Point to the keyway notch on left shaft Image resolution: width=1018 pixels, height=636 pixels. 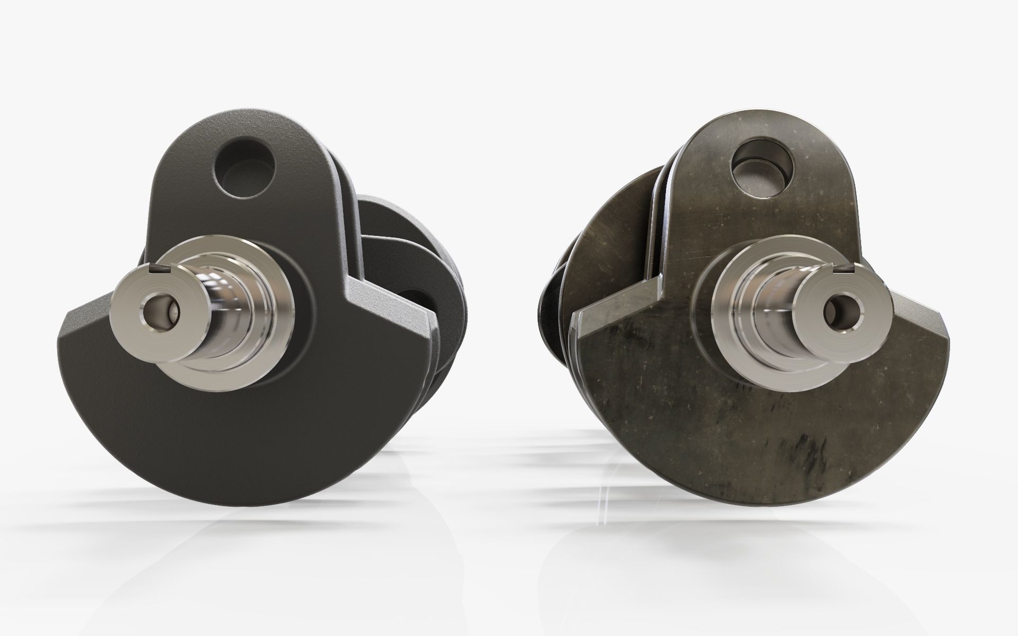tap(154, 268)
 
